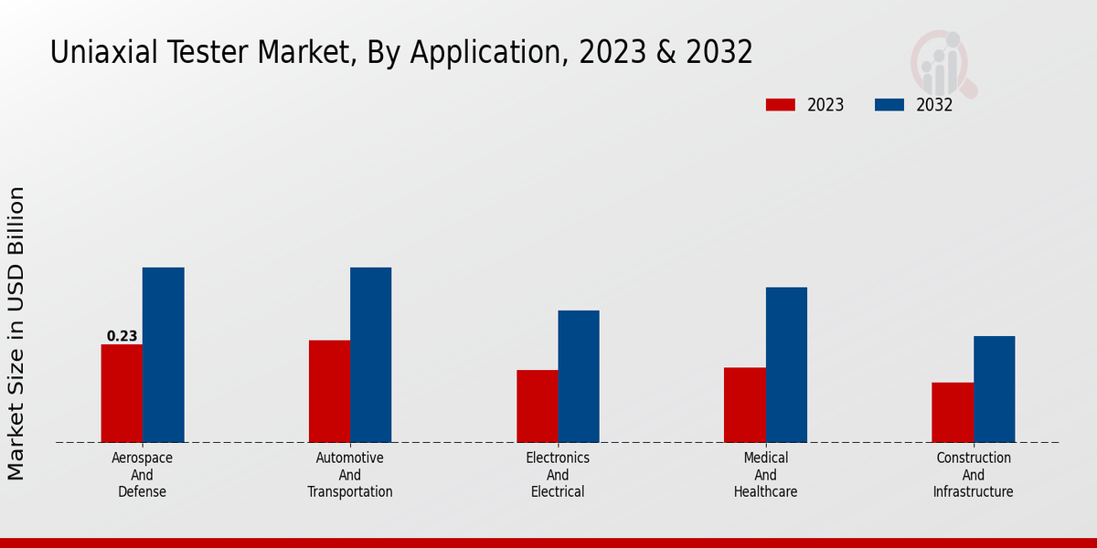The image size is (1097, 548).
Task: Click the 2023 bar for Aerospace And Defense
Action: [122, 394]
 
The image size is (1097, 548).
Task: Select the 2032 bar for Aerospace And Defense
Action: [163, 355]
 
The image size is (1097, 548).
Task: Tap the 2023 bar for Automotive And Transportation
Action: [329, 392]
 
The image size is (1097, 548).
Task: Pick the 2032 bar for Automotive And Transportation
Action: [370, 355]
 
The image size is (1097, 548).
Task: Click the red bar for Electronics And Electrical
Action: [537, 406]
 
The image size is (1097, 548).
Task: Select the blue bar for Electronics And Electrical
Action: [579, 376]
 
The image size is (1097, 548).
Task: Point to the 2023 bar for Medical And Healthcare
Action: [744, 405]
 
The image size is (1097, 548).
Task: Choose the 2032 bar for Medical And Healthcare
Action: [786, 365]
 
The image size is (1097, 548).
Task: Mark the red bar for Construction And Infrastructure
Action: [953, 412]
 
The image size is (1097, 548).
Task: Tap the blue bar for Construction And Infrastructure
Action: [994, 389]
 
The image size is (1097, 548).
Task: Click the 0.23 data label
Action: [122, 336]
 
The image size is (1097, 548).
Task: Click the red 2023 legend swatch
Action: [780, 105]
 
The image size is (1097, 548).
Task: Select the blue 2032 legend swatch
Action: [889, 105]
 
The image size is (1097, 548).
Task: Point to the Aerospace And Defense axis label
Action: [142, 475]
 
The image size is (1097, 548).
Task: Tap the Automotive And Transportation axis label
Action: [350, 475]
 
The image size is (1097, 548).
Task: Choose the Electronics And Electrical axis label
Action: [558, 475]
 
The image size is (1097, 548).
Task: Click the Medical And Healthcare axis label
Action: [765, 475]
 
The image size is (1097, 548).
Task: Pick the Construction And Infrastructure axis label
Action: [973, 475]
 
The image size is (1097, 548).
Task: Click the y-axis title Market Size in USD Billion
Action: [16, 333]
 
